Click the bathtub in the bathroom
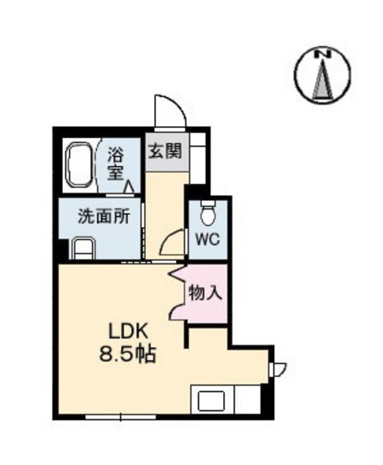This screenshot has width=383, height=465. pyautogui.click(x=80, y=163)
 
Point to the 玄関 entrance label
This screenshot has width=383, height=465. pyautogui.click(x=163, y=153)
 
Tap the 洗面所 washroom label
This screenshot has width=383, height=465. pyautogui.click(x=103, y=218)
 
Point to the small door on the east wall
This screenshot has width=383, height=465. pyautogui.click(x=279, y=368)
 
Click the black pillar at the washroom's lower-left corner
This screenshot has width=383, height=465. pyautogui.click(x=62, y=248)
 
